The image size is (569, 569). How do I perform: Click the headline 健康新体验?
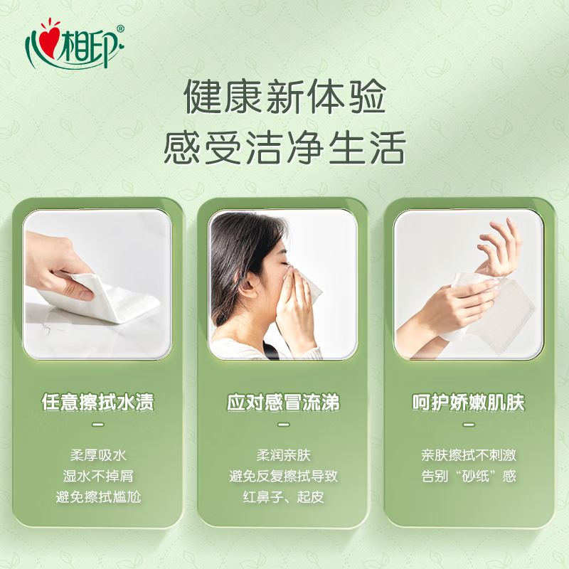pyautogui.click(x=284, y=98)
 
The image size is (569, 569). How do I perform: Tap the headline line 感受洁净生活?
pyautogui.click(x=284, y=148)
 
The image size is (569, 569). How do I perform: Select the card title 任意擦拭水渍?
pyautogui.click(x=98, y=403)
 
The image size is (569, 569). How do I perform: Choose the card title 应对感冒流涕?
pyautogui.click(x=283, y=403)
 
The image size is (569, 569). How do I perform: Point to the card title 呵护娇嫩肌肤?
pyautogui.click(x=469, y=403)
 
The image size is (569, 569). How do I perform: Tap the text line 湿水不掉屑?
pyautogui.click(x=98, y=476)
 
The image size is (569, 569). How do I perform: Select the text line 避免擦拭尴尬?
pyautogui.click(x=98, y=496)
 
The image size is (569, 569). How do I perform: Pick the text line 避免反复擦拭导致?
pyautogui.click(x=283, y=476)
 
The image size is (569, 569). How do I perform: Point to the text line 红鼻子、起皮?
pyautogui.click(x=283, y=496)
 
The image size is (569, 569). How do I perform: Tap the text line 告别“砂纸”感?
pyautogui.click(x=469, y=476)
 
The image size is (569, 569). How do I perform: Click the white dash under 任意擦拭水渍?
pyautogui.click(x=98, y=425)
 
